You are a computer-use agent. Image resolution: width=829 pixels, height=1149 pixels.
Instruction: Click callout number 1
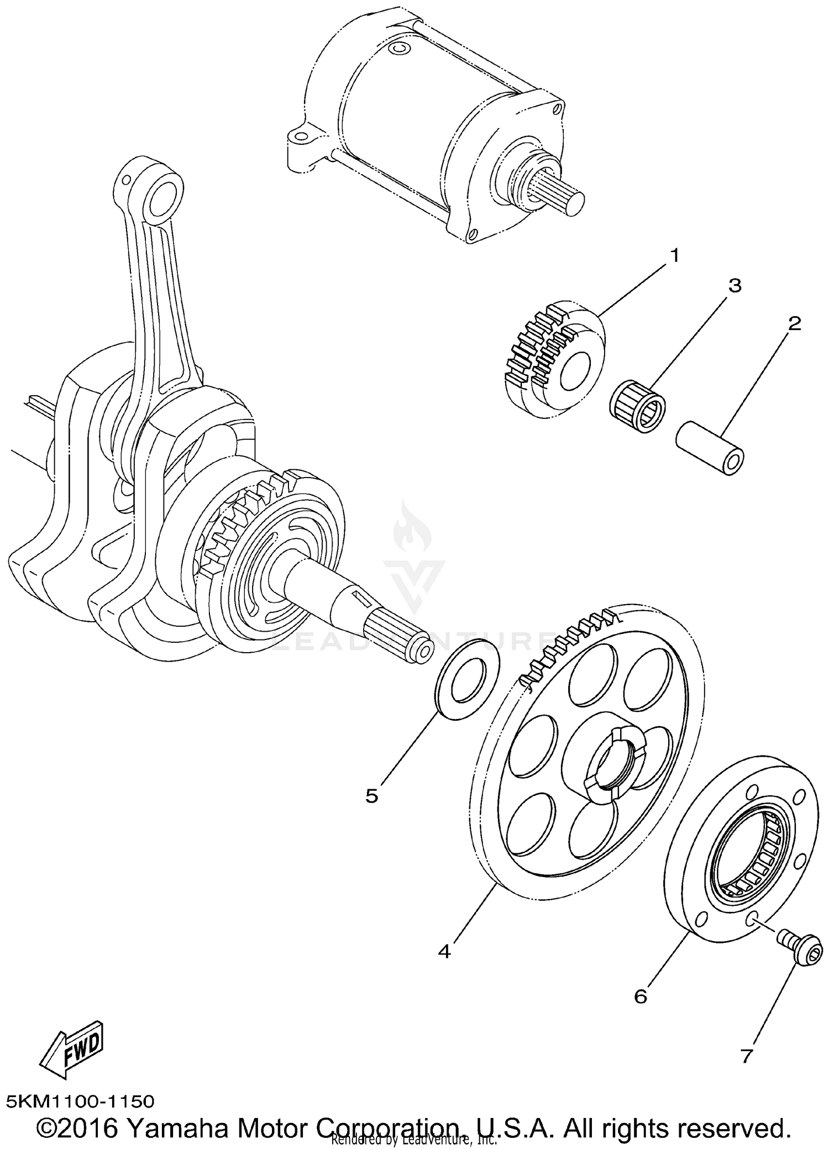point(674,256)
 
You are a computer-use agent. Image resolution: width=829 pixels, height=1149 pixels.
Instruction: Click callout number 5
point(371,796)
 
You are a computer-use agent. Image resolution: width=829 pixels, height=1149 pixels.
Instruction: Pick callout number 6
point(640,996)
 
